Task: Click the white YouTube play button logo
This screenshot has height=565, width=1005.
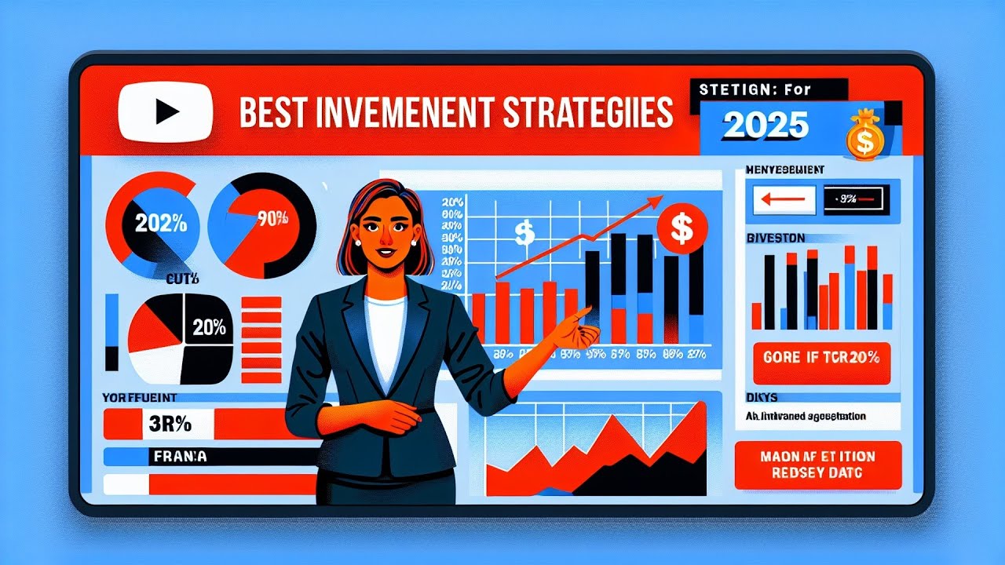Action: click(x=165, y=114)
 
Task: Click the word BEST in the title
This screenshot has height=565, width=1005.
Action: click(x=270, y=114)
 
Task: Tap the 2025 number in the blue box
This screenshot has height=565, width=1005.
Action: click(x=766, y=126)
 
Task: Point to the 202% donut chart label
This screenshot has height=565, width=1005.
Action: click(x=161, y=223)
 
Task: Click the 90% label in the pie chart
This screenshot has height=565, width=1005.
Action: click(x=272, y=219)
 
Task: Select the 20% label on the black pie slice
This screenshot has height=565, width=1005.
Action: click(x=208, y=329)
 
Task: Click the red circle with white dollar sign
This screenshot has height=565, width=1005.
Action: click(x=682, y=228)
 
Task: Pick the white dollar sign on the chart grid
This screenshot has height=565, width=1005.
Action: click(x=524, y=232)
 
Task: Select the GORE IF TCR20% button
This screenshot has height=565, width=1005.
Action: click(x=821, y=357)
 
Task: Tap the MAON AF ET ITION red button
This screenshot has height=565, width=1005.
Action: click(x=818, y=465)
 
